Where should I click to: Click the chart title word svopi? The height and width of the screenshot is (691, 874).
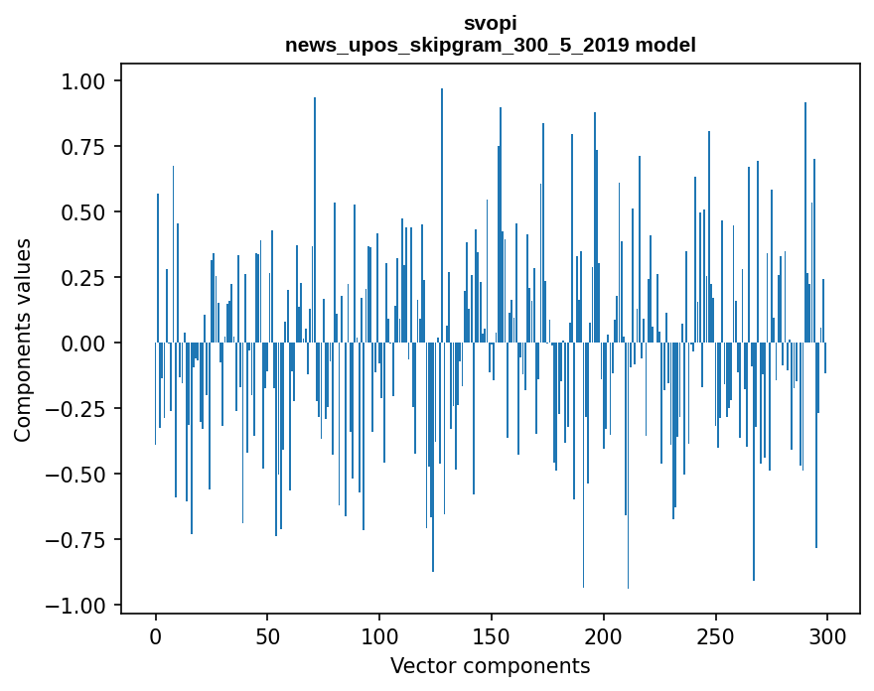click(490, 23)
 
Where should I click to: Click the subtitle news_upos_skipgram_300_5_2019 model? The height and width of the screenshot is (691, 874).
click(490, 45)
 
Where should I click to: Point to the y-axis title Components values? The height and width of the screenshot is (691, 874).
click(23, 340)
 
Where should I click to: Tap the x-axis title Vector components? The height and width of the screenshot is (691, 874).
click(490, 665)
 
